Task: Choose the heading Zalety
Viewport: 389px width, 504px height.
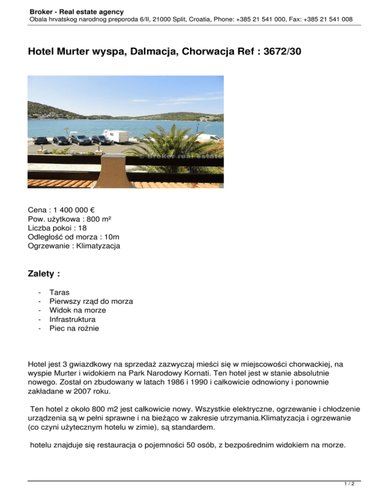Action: (44, 274)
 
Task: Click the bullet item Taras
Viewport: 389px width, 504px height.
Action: (60, 293)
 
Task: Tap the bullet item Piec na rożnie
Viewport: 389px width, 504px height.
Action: (74, 329)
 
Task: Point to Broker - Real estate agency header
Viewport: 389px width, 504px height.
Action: (76, 11)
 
